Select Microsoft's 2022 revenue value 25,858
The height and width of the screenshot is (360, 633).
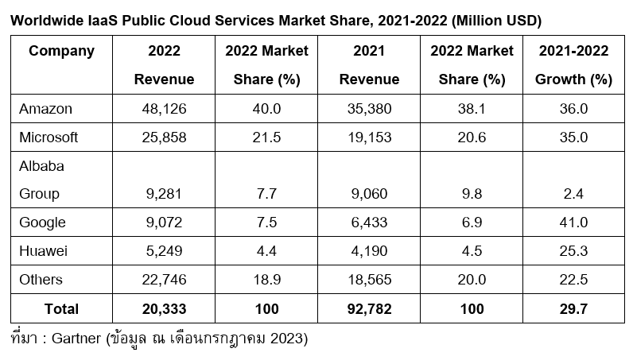tap(164, 137)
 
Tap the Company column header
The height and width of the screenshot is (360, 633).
tap(61, 52)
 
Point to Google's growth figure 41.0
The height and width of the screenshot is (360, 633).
tap(573, 223)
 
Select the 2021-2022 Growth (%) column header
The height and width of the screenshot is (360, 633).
tap(573, 65)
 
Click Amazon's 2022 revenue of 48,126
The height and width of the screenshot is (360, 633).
tap(164, 108)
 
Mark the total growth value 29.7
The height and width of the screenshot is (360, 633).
tap(573, 308)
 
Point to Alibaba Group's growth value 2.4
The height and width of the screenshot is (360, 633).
tap(573, 194)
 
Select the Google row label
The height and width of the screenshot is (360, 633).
tap(41, 223)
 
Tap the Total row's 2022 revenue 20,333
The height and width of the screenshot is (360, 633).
tap(164, 308)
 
